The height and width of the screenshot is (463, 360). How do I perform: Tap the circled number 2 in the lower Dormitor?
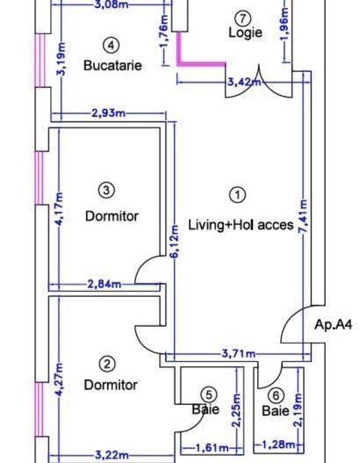pyautogui.click(x=107, y=363)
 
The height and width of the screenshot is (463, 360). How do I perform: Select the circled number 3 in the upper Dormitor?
pyautogui.click(x=105, y=188)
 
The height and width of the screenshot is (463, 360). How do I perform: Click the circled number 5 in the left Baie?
pyautogui.click(x=208, y=394)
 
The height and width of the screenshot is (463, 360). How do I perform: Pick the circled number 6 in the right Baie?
pyautogui.click(x=277, y=395)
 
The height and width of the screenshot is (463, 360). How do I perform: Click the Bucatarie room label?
pyautogui.click(x=112, y=65)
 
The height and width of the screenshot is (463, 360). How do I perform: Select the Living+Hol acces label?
pyautogui.click(x=241, y=225)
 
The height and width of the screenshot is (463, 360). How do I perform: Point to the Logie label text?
pyautogui.click(x=245, y=33)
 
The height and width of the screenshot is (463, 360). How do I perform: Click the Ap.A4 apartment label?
pyautogui.click(x=333, y=324)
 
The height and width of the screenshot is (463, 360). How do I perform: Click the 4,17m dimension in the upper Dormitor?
pyautogui.click(x=60, y=210)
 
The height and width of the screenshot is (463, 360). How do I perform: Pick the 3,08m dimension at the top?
pyautogui.click(x=110, y=4)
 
